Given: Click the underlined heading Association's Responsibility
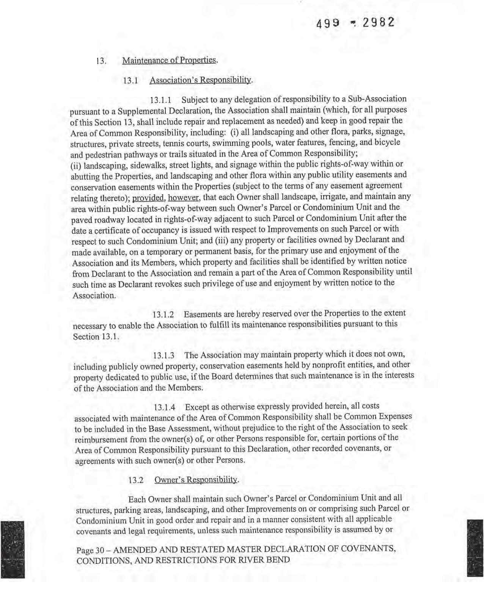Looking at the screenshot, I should tap(201, 80).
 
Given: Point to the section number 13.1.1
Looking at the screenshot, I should tap(161, 100).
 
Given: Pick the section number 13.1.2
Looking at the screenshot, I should tap(163, 315).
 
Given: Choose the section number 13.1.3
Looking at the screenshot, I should tap(163, 356).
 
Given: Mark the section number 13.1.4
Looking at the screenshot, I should tap(164, 408).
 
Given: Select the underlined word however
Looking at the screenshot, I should tap(184, 198).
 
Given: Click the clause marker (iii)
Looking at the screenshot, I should tap(221, 240).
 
